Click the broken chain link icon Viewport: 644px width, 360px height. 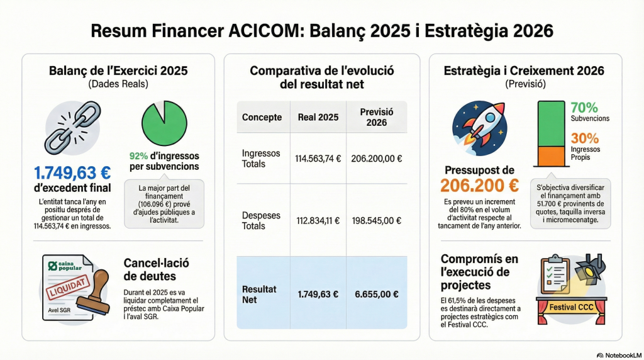click(73, 127)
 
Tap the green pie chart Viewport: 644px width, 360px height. click(164, 123)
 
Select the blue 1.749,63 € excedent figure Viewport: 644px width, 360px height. click(72, 173)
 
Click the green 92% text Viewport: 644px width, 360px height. click(138, 156)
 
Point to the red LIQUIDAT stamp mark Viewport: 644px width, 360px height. click(68, 287)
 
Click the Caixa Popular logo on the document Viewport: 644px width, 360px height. click(65, 266)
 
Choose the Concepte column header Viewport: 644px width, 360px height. click(262, 117)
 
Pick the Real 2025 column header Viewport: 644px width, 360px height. click(318, 117)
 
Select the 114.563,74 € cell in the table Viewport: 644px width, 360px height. click(318, 159)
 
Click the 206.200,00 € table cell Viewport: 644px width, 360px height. click(377, 159)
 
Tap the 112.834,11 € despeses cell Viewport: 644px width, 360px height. click(318, 221)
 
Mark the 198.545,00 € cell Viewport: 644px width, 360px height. click(377, 221)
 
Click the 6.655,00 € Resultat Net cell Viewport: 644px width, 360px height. click(377, 295)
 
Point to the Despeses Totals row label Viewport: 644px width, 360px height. click(261, 221)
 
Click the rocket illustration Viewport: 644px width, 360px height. click(480, 128)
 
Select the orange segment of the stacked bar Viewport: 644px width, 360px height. click(552, 156)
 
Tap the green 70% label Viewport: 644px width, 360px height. click(584, 108)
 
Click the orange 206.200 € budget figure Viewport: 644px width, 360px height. click(480, 186)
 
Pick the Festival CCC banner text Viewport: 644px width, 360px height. click(571, 307)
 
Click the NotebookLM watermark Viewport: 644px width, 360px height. click(619, 355)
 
